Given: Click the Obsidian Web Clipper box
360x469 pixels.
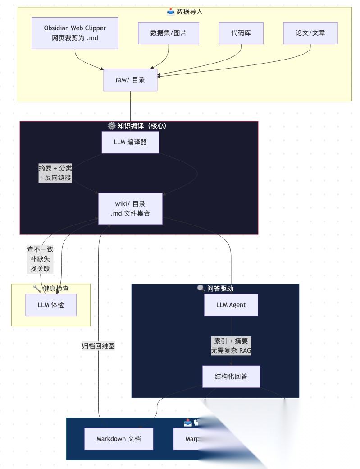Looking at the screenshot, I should [x=75, y=33].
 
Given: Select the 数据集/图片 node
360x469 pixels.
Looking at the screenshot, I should [x=169, y=33].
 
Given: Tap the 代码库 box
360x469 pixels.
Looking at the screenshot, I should [x=241, y=33].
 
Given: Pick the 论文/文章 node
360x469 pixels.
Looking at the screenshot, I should [x=310, y=33].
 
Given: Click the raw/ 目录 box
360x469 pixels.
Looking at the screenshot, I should [x=130, y=80].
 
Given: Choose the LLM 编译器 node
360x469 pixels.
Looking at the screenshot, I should [x=130, y=143].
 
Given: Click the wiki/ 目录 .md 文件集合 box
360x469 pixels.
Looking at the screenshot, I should [x=130, y=208].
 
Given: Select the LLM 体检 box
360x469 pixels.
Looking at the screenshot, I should [x=51, y=305].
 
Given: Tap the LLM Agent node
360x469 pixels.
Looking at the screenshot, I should [x=231, y=305].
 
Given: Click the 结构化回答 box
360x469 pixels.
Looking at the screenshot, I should [x=231, y=376].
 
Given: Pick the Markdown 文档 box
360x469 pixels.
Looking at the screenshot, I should [x=118, y=439].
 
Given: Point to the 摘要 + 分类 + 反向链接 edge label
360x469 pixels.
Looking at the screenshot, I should [x=55, y=173].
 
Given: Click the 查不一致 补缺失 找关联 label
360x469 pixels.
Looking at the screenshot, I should [x=40, y=259].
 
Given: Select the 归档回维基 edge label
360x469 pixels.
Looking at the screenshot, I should [x=98, y=346].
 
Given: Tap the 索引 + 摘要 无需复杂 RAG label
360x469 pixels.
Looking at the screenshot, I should [x=231, y=346].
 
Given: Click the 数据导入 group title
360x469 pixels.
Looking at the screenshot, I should [x=189, y=12].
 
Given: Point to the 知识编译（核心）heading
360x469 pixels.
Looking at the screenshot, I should [x=142, y=126].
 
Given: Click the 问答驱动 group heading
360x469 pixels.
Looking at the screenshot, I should [x=220, y=289].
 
